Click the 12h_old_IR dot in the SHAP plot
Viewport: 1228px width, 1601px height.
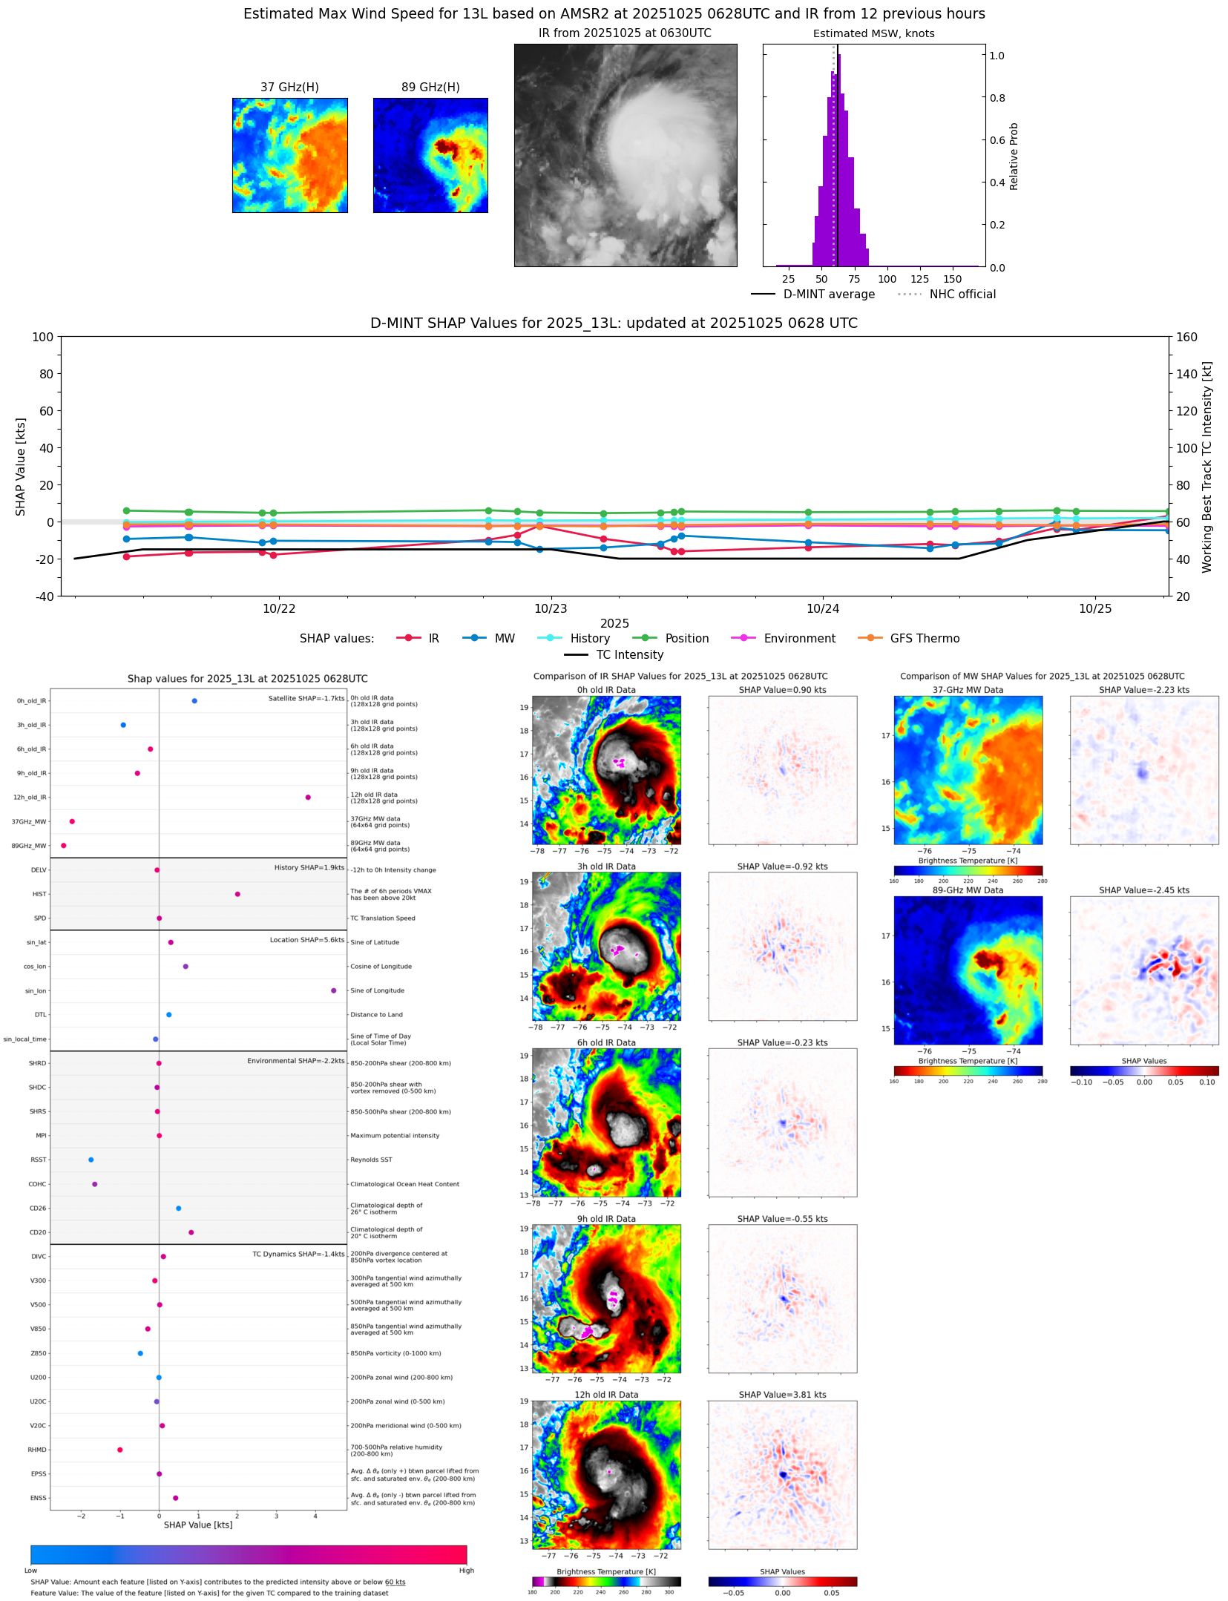click(308, 798)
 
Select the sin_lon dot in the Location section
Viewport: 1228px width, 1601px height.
click(334, 990)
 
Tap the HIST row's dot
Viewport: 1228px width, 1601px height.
click(237, 894)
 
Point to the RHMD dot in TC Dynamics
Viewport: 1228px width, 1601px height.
click(120, 1450)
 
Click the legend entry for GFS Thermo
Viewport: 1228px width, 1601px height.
click(925, 639)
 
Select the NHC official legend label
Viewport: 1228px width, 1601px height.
click(962, 295)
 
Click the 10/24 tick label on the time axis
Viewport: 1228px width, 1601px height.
click(823, 609)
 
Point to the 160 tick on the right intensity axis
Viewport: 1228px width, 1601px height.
click(1186, 337)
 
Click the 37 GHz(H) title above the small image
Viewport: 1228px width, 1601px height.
click(289, 88)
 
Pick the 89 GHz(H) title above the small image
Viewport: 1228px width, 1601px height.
click(430, 88)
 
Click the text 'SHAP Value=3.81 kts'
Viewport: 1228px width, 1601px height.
click(782, 1395)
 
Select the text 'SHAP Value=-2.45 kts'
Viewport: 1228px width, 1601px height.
click(1144, 890)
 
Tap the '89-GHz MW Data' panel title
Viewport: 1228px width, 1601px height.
click(968, 890)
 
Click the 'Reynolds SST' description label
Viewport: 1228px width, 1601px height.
click(371, 1160)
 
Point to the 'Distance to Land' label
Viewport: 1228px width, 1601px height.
click(376, 1015)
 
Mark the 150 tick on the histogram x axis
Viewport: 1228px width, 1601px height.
click(953, 280)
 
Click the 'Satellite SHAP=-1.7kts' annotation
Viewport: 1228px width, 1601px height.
click(306, 698)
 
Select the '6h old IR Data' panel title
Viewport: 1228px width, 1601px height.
click(606, 1042)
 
